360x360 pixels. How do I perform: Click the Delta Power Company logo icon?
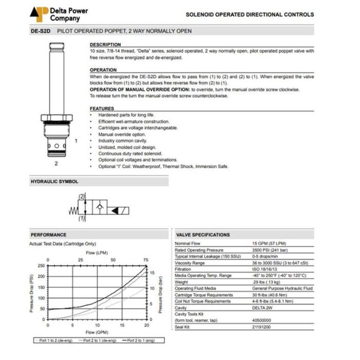point(39,14)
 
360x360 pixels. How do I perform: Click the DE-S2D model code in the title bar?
point(40,32)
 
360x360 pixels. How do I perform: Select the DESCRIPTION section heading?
point(105,45)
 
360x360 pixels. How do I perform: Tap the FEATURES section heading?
point(102,109)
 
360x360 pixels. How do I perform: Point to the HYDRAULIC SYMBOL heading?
point(54,182)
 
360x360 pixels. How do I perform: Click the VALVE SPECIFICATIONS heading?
point(203,235)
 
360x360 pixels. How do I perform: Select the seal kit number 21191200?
point(262,326)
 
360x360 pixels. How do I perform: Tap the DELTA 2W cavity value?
point(261,308)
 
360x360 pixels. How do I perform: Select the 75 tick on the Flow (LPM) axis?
point(146,260)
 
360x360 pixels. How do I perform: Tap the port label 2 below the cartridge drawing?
point(56,164)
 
